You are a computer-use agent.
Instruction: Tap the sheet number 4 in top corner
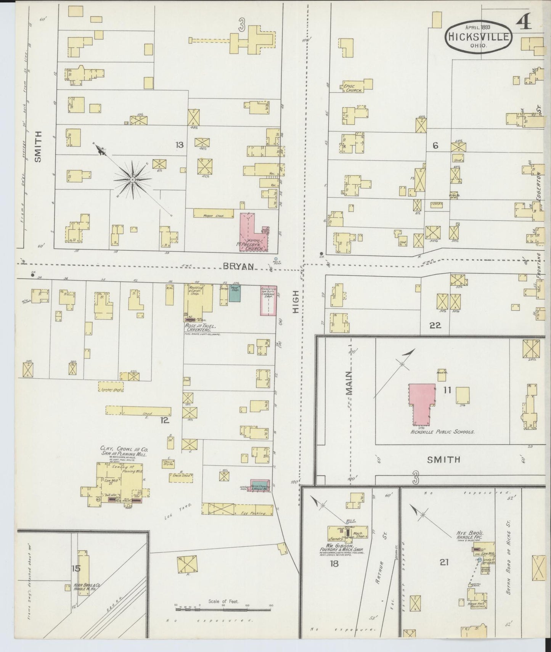coord(525,24)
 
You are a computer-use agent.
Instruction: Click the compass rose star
coord(132,180)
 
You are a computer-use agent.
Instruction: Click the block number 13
coord(179,145)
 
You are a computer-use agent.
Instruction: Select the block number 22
coord(435,325)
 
